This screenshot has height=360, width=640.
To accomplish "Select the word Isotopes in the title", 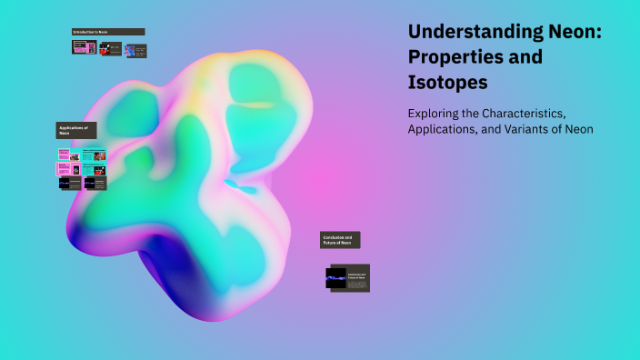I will click(447, 83).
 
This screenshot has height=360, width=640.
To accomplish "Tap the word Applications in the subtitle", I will click(445, 130).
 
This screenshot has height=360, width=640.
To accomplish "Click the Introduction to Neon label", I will click(108, 32).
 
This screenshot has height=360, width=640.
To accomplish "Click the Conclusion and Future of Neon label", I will click(340, 240).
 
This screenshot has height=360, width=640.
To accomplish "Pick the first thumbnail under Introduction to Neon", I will click(84, 47).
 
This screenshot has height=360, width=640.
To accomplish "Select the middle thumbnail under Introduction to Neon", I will click(110, 48).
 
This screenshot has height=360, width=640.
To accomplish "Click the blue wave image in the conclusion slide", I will click(336, 277).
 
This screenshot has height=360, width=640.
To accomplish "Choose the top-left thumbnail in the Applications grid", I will click(69, 155).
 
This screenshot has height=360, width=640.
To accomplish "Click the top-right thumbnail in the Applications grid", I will click(94, 155).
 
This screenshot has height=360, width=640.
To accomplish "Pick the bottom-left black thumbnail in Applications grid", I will click(69, 183).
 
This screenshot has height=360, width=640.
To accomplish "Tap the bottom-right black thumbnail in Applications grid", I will click(95, 183).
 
